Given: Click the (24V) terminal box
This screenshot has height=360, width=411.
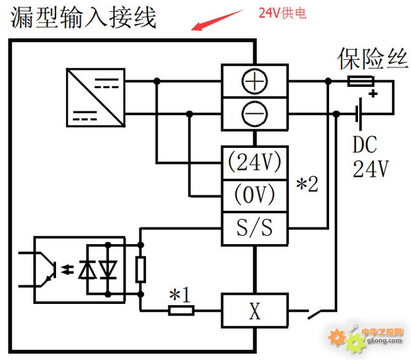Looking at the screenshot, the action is pyautogui.click(x=254, y=163).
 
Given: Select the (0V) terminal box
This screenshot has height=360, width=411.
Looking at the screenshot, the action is pyautogui.click(x=254, y=195).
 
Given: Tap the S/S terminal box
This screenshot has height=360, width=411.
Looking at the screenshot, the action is pyautogui.click(x=254, y=229).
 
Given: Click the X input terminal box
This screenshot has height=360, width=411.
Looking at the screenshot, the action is pyautogui.click(x=254, y=311).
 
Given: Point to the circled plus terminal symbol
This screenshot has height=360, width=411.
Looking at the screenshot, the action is pyautogui.click(x=254, y=81).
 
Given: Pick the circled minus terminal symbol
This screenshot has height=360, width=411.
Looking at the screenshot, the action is pyautogui.click(x=254, y=114).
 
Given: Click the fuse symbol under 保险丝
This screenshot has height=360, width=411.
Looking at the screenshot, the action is pyautogui.click(x=360, y=81).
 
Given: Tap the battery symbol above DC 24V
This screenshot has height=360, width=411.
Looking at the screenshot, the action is pyautogui.click(x=359, y=114).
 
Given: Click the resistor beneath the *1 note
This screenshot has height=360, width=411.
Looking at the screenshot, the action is pyautogui.click(x=181, y=311).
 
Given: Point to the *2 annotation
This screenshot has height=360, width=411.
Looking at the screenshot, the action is pyautogui.click(x=307, y=184).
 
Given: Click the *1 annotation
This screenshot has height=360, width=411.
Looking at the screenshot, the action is pyautogui.click(x=179, y=295).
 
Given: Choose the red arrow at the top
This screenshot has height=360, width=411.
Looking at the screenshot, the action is pyautogui.click(x=218, y=20).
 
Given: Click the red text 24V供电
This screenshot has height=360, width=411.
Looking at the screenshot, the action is pyautogui.click(x=282, y=13).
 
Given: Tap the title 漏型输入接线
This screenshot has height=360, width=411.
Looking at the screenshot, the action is pyautogui.click(x=83, y=17).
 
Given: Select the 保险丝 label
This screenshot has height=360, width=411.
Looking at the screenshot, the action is pyautogui.click(x=372, y=59).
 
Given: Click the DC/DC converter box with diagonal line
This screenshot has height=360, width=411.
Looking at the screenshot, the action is pyautogui.click(x=96, y=97).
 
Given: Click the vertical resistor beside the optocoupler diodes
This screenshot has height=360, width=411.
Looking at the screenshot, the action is pyautogui.click(x=140, y=270).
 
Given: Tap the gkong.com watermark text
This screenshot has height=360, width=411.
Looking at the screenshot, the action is pyautogui.click(x=385, y=341).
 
